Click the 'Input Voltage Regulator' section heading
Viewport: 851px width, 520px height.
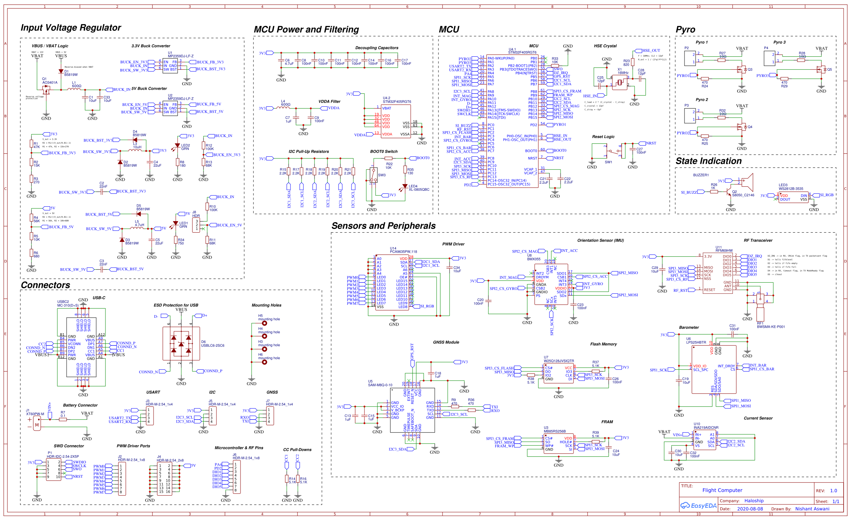point(71,28)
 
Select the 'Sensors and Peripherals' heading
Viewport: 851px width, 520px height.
point(383,226)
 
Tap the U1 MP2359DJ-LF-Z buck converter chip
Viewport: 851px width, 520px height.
point(170,66)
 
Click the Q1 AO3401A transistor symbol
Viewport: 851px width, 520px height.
point(46,90)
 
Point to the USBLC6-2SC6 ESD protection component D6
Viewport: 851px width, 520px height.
point(181,344)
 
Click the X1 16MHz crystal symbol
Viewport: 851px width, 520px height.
point(619,82)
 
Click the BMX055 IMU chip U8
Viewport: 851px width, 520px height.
point(551,284)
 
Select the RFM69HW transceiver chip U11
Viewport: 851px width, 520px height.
point(717,273)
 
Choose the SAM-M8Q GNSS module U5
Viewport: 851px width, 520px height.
point(412,410)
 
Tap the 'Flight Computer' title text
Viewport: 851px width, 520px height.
point(722,490)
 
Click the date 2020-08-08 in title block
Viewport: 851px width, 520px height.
point(750,509)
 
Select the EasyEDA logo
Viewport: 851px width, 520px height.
point(698,506)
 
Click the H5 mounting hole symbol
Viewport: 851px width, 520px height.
point(265,323)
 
